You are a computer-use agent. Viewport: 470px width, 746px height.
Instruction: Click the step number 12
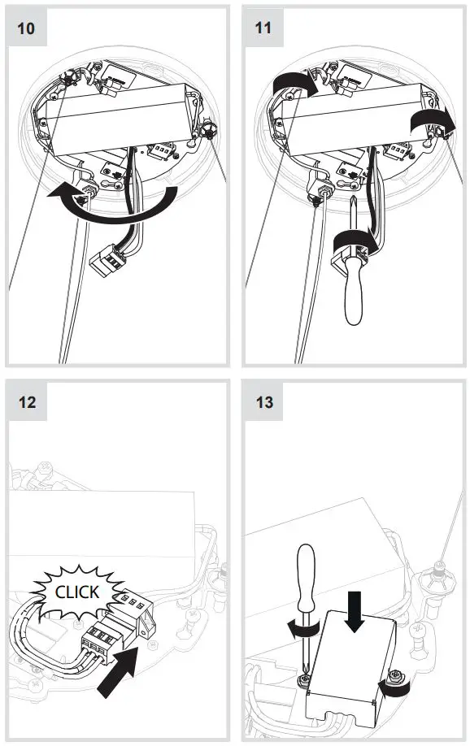click(x=26, y=401)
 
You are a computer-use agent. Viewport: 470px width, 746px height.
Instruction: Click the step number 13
click(x=263, y=401)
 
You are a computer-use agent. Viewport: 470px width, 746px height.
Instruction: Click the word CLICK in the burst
click(x=76, y=592)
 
